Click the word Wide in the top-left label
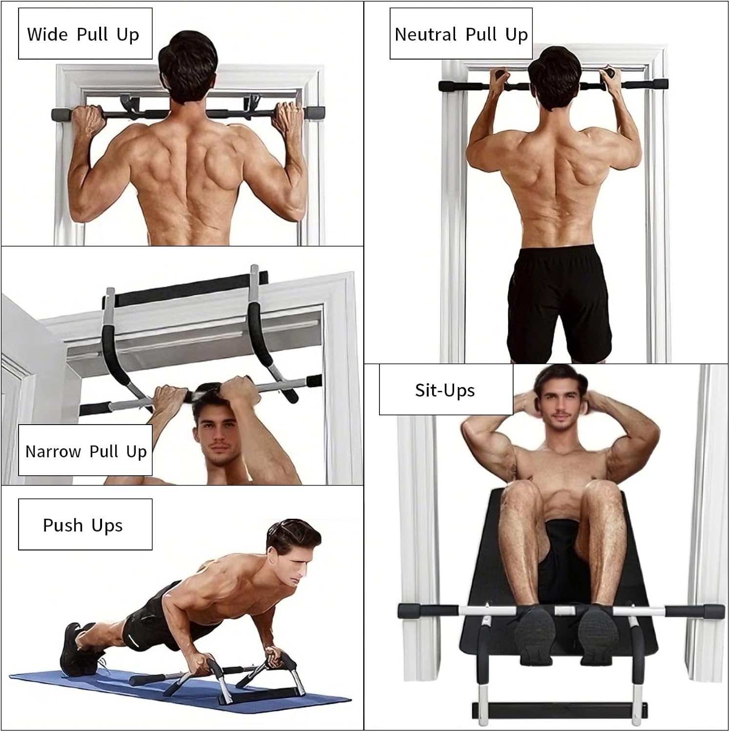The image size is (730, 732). [47, 34]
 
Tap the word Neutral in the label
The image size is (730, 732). [425, 35]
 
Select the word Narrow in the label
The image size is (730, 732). [53, 451]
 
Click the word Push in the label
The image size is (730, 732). [63, 525]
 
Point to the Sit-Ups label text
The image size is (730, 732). [445, 390]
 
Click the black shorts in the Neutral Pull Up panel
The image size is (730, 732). [558, 303]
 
